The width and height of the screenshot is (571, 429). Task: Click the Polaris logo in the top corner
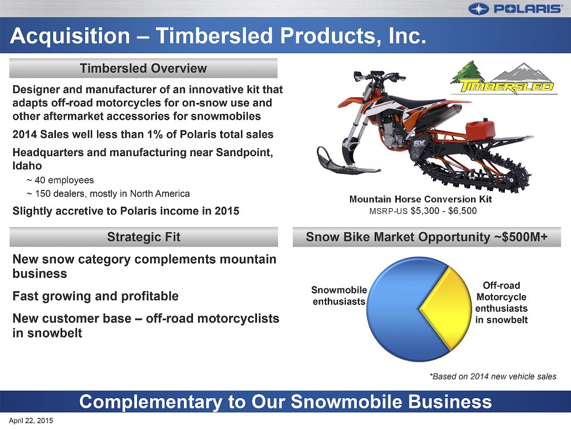point(515,9)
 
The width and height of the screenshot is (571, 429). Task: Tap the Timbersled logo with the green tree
point(504,78)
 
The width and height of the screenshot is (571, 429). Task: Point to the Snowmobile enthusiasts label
point(339,296)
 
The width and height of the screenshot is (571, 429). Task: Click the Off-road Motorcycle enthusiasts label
point(501,303)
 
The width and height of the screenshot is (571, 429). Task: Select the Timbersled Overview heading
point(143,68)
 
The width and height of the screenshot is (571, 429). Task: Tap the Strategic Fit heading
point(143,237)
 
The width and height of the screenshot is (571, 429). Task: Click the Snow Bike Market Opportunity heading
point(427,237)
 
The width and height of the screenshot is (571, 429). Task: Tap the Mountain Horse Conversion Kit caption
point(421,199)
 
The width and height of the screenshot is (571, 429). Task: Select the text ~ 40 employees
point(60,180)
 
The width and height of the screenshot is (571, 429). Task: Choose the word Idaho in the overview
point(27,166)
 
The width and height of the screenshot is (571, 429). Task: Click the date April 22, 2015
point(31,420)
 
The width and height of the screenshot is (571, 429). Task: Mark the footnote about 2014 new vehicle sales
point(493,376)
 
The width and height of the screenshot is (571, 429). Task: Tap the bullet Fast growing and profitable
point(95,296)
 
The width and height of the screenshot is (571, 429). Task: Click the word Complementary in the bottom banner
point(151,402)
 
